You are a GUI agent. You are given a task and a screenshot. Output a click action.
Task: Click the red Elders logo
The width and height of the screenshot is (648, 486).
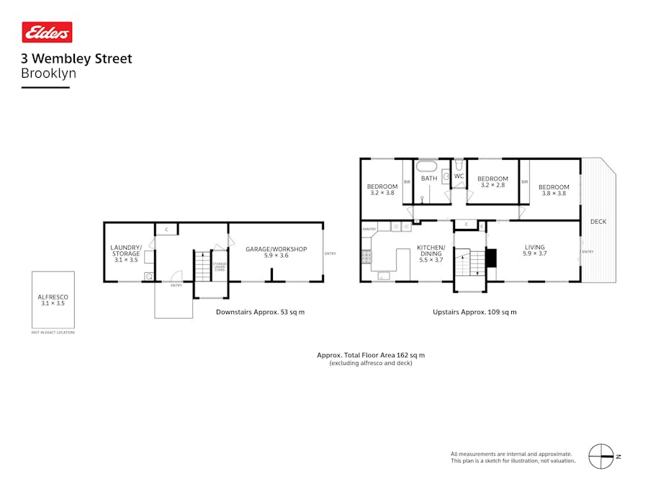point(47,32)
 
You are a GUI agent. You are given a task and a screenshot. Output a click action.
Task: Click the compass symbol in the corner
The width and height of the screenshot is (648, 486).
point(601,456)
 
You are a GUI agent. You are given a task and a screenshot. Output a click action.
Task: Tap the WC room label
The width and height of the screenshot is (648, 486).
point(458,176)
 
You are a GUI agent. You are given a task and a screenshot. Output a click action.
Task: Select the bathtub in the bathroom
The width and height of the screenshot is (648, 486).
point(428,163)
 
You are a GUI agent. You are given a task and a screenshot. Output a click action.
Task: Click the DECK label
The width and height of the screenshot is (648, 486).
point(598,222)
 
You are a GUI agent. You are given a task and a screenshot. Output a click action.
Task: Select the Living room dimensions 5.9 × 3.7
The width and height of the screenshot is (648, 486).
point(535,253)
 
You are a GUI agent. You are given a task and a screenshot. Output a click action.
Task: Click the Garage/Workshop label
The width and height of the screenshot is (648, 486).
point(276,249)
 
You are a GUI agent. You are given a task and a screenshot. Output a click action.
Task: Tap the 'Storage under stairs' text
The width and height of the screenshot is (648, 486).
point(220,267)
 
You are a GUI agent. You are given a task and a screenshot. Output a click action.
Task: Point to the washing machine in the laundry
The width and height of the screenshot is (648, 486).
point(149,276)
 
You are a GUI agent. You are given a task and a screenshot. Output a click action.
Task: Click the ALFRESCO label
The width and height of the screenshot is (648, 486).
point(52,297)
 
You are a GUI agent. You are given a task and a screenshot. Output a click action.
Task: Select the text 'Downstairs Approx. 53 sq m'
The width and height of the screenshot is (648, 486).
point(260,312)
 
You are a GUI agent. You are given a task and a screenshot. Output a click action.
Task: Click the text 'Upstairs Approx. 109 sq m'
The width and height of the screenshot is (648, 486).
point(474,312)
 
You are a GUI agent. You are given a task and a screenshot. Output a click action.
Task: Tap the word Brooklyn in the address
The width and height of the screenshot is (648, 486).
point(48,73)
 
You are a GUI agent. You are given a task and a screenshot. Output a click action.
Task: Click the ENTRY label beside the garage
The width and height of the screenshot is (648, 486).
point(330,253)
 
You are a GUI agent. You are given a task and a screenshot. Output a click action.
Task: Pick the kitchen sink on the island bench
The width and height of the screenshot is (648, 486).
point(384,275)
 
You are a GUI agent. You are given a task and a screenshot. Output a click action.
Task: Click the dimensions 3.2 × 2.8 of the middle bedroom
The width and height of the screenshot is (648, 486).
point(492,185)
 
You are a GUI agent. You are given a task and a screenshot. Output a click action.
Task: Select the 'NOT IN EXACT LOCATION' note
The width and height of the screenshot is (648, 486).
point(53,333)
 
